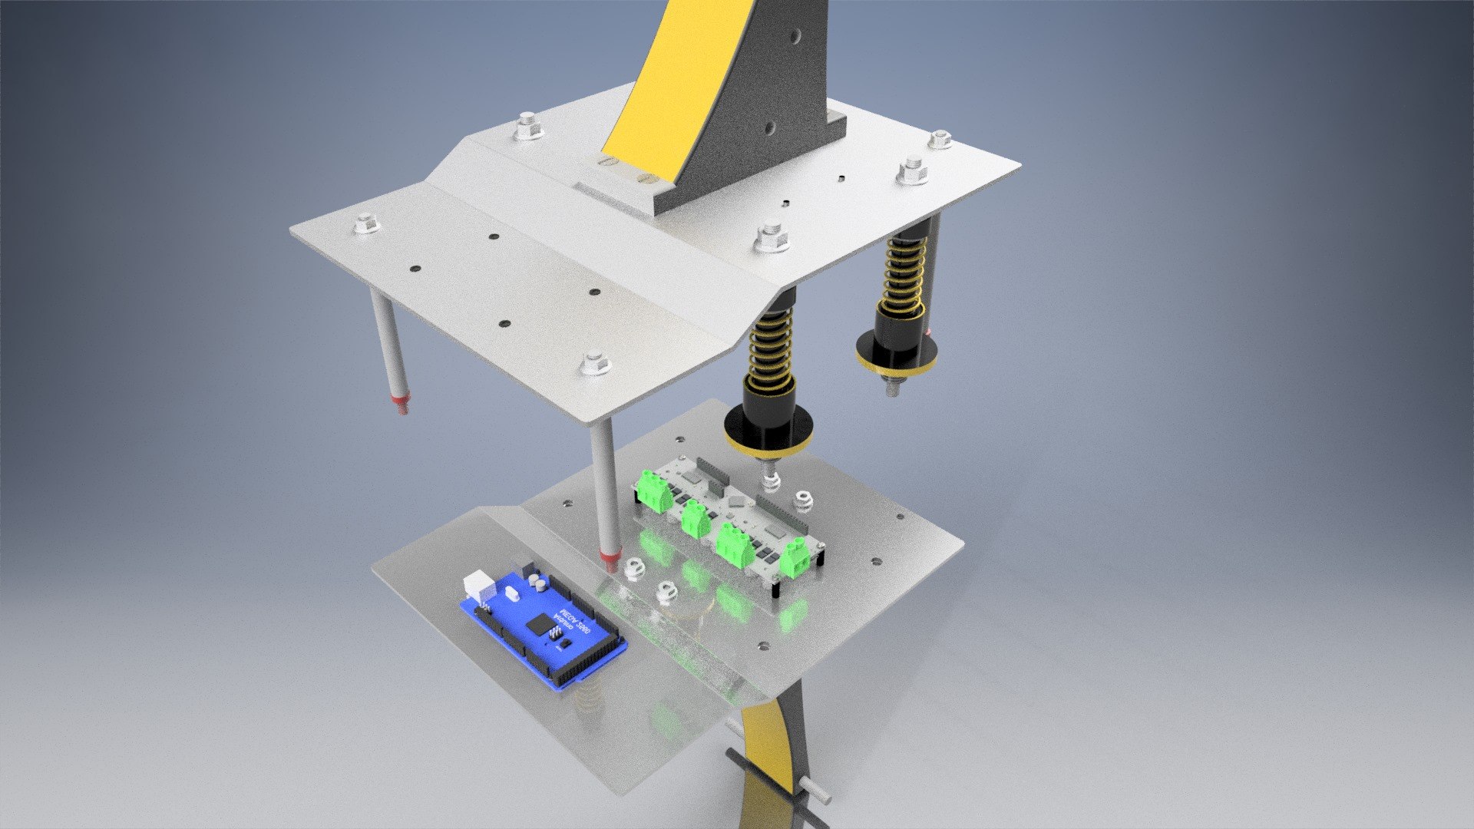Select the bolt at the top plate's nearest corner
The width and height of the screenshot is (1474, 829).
593,363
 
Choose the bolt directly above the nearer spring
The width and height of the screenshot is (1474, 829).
772,236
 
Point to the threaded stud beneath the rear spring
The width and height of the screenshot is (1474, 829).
894,386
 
